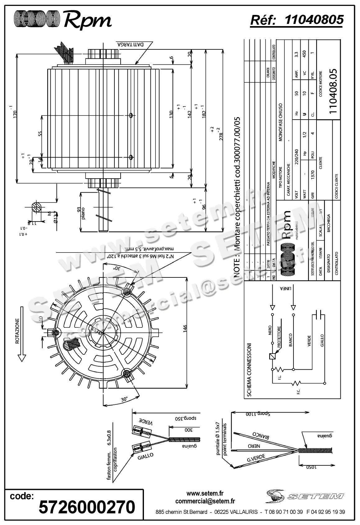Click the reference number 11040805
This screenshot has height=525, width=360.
coord(314,20)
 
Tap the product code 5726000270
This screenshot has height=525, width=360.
coord(87,507)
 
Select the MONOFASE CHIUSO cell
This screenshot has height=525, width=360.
coord(280,122)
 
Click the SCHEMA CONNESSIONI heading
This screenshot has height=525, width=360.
coord(249,370)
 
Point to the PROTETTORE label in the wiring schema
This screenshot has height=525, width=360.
coord(279,337)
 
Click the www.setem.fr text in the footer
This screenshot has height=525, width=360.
coord(205,493)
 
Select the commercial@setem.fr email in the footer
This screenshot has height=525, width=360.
coord(205,501)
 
